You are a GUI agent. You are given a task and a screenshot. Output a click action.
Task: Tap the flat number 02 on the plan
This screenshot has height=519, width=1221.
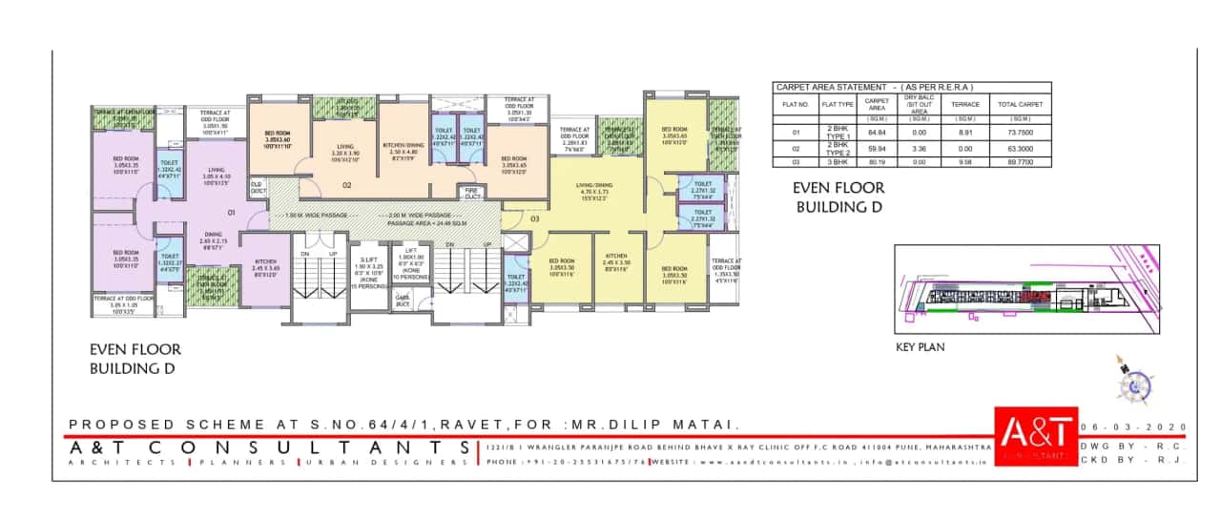347,185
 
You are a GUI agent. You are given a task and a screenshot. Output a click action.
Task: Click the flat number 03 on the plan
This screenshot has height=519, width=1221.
535,218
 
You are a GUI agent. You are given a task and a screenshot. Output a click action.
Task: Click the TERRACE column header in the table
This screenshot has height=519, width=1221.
965,104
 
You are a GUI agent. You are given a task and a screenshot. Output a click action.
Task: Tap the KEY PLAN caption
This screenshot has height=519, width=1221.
921,347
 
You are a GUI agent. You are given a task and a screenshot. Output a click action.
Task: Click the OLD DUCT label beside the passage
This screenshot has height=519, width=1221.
258,188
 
